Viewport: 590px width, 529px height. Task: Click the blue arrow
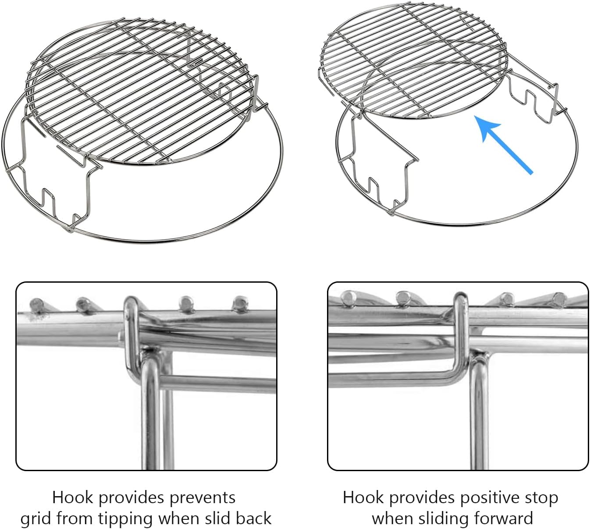tap(504, 144)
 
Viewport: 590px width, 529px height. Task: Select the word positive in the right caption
tap(490, 497)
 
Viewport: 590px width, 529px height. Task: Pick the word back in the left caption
tap(253, 518)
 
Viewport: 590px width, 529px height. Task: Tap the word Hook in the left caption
tap(72, 497)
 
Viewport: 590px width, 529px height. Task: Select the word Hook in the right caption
tap(363, 497)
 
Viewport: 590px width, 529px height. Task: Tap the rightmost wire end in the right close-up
tap(558, 298)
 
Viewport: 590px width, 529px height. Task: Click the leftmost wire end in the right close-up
tap(349, 297)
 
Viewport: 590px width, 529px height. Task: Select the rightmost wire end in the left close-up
tap(239, 302)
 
